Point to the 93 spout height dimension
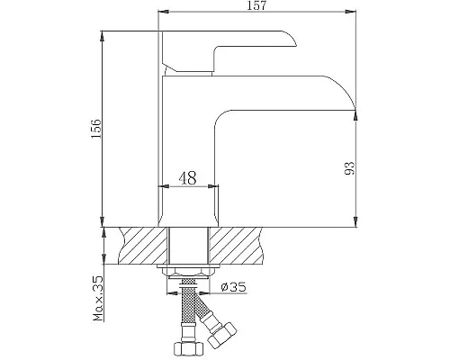tap(350, 167)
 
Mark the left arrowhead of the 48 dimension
tap(164, 187)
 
